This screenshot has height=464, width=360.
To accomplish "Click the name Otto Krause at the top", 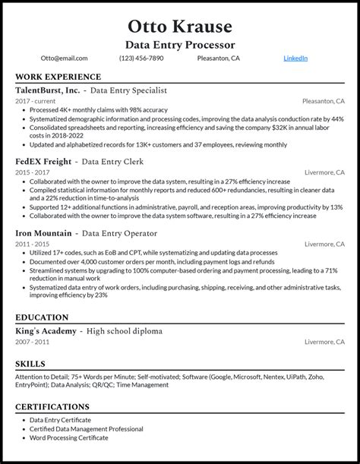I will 180,27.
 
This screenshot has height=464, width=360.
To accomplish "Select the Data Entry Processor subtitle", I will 180,45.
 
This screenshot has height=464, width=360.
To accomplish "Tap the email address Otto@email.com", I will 65,58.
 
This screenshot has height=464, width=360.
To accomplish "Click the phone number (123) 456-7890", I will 141,58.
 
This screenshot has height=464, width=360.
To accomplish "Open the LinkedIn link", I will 295,58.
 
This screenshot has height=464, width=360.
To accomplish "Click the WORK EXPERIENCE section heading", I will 58,77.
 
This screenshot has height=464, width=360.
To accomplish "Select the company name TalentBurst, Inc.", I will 48,90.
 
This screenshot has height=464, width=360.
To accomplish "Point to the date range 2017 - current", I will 35,100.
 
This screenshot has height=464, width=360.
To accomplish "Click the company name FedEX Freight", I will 43,162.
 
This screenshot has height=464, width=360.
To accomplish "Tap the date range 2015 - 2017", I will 31,172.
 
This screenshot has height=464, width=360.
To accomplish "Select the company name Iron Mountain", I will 44,234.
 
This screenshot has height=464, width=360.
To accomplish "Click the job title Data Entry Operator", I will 120,234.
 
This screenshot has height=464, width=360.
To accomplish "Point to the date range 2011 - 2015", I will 31,244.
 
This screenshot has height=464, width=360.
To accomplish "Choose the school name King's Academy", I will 46,331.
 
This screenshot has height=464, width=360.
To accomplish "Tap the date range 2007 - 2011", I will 31,342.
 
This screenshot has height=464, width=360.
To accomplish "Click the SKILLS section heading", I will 30,364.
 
